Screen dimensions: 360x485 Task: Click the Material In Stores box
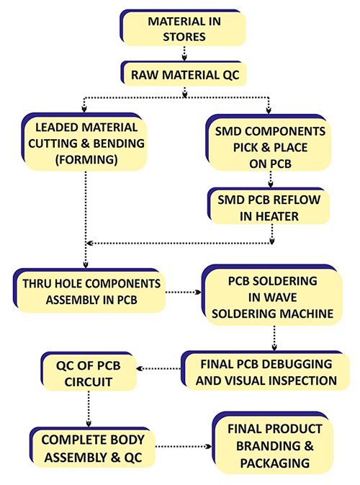183,28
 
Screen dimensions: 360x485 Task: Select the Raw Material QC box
184,74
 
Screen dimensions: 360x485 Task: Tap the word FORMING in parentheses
86,159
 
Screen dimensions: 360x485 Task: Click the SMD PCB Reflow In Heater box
269,205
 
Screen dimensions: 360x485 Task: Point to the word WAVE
272,298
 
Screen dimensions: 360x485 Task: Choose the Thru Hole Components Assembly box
89,290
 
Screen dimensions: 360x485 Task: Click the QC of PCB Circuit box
89,371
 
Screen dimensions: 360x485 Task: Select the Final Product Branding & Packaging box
273,442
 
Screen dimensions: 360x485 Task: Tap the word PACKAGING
275,463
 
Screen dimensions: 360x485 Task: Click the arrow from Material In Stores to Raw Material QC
184,53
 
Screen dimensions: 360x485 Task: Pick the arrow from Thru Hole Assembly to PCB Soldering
184,292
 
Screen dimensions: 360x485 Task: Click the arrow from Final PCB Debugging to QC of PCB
158,368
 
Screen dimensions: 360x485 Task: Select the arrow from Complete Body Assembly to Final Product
184,446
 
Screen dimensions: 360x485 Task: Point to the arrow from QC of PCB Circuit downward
89,409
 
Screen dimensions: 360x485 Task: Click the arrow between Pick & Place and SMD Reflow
271,179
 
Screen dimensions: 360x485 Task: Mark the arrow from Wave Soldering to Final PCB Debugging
274,338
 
